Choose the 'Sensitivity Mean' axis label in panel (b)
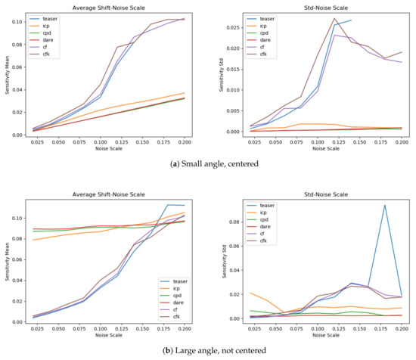click(x=7, y=261)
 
